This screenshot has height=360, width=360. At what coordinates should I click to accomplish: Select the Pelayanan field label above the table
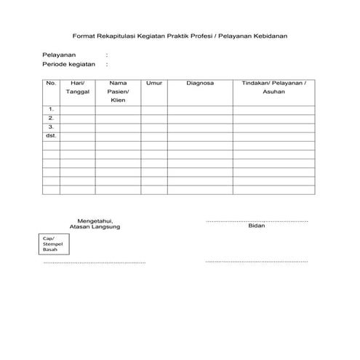click(59, 55)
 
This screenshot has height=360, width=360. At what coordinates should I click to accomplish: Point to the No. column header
click(51, 84)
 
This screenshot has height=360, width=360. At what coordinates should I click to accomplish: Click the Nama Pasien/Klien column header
click(119, 92)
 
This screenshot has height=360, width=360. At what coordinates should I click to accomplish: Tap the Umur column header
click(153, 84)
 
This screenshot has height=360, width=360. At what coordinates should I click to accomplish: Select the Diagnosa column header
click(199, 84)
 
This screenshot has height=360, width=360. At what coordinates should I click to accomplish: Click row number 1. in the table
click(51, 109)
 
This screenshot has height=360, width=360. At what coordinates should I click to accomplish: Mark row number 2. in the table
click(51, 118)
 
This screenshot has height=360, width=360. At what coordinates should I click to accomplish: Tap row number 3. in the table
click(51, 127)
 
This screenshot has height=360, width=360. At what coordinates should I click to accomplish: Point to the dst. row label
click(51, 136)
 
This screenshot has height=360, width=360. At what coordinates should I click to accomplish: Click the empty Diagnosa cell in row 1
click(199, 109)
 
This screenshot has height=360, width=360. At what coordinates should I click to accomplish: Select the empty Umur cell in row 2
click(153, 118)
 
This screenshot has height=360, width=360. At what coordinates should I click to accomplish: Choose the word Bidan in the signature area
click(257, 226)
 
